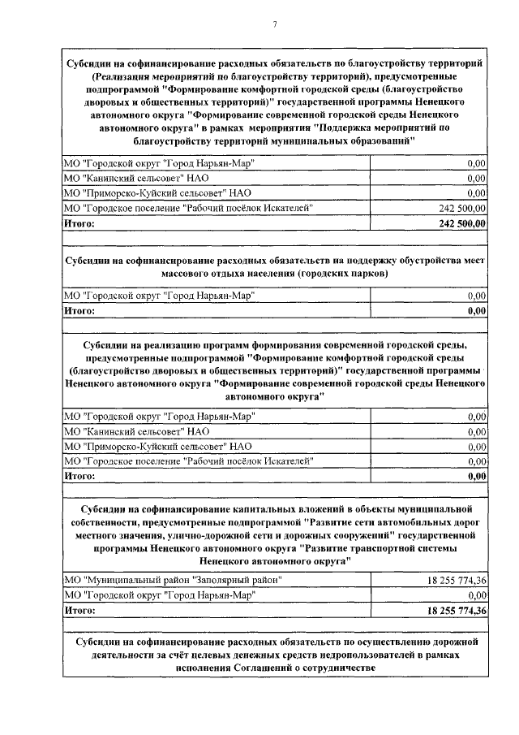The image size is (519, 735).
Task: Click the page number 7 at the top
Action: pyautogui.click(x=275, y=24)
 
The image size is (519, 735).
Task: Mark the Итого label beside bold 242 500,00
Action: pyautogui.click(x=79, y=223)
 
